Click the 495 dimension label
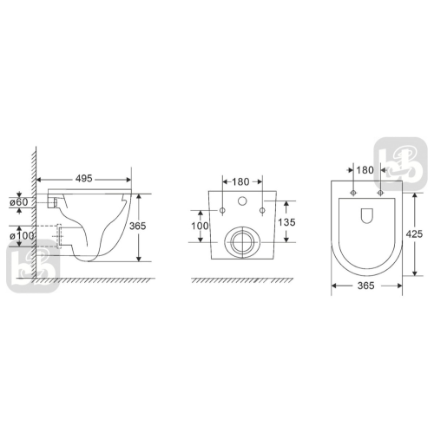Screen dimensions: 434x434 83,179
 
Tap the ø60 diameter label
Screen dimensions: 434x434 19,202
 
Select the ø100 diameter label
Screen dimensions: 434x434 22,235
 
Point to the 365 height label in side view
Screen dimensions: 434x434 138,226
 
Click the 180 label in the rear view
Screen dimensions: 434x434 240,181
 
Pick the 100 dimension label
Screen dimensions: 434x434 200,226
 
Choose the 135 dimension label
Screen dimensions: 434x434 286,222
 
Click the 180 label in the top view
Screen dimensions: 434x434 365,170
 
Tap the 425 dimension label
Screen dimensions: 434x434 414,233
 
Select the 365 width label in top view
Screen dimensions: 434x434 366,286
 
